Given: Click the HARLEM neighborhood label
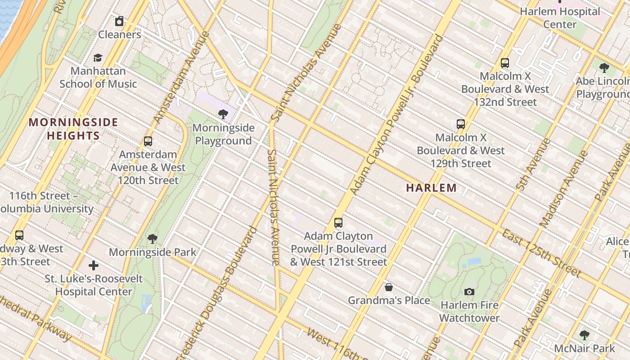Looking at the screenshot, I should [431, 188].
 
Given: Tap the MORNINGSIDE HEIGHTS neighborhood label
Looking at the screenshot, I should [73, 129].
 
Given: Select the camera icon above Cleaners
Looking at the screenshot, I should [119, 21].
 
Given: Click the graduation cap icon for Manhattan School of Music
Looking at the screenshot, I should [98, 58].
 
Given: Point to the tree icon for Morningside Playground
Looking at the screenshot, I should [223, 114].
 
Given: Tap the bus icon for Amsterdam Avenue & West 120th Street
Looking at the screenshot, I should [148, 141].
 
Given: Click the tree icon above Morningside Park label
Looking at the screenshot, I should [153, 238].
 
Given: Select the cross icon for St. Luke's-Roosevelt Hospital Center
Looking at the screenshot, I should [94, 265].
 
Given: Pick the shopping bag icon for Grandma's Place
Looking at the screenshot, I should [389, 287].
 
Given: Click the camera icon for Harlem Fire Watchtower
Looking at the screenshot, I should [469, 292].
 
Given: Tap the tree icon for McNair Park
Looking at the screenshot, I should [585, 335].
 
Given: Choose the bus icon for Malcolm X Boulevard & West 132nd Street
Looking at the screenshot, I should [505, 63].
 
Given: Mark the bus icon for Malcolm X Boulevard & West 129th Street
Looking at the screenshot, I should [461, 124].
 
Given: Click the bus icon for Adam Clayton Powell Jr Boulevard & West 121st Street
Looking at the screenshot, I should [338, 222].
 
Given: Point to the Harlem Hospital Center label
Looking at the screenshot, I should [560, 18].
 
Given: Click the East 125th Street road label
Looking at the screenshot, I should [541, 253].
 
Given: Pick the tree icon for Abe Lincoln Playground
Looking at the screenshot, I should [604, 68].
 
